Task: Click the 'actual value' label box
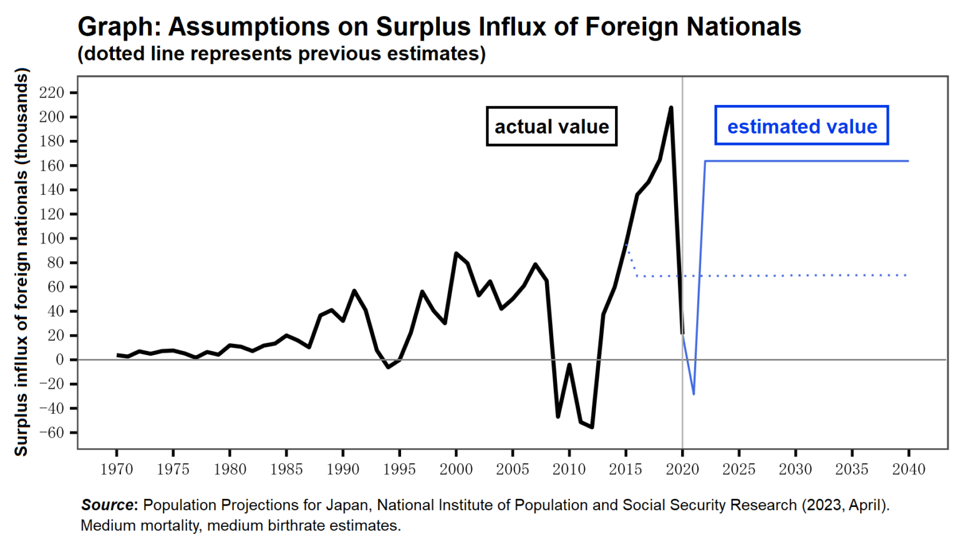point(551,127)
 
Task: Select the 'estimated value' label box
point(801,126)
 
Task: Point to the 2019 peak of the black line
point(671,107)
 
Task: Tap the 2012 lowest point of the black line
point(591,427)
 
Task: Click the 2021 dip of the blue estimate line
point(694,394)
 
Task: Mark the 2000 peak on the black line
point(456,253)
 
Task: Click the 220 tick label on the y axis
point(51,93)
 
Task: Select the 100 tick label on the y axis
point(51,238)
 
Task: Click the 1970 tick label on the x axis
point(117,469)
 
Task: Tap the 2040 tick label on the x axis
point(908,469)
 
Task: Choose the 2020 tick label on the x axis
point(682,469)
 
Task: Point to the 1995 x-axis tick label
point(399,469)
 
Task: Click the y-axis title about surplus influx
point(21,262)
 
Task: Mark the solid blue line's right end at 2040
point(907,161)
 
